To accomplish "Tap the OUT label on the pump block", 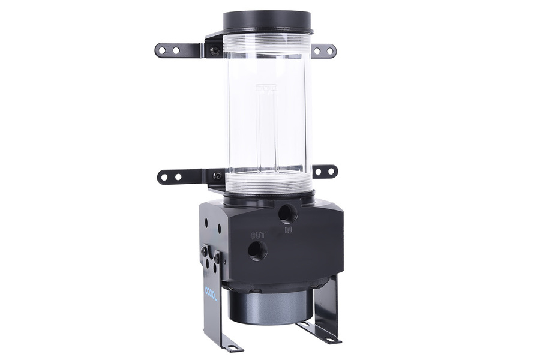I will (x=257, y=235).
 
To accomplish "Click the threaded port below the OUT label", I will (x=257, y=250).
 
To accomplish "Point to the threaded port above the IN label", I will (x=288, y=213).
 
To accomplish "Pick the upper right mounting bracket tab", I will (x=323, y=51).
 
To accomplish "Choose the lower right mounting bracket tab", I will (x=325, y=172).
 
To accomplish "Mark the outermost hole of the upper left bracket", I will (x=163, y=50).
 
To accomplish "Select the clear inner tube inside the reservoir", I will (x=267, y=126).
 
